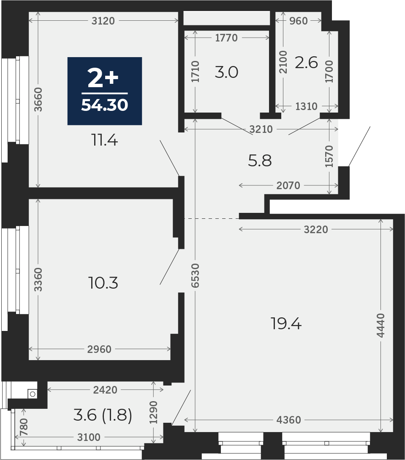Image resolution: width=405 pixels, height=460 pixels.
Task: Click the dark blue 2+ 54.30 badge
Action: click(105, 91)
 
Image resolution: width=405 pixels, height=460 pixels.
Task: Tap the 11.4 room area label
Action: click(105, 140)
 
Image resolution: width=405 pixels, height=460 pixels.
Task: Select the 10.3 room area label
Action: click(103, 283)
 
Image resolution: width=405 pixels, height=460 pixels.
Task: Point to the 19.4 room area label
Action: click(286, 324)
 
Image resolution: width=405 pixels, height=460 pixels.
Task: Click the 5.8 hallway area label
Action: click(260, 161)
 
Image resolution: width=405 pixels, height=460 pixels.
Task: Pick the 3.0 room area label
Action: click(226, 72)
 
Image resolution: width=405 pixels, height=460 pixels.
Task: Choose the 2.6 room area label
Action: click(306, 63)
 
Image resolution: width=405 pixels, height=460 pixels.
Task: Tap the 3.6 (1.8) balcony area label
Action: click(103, 415)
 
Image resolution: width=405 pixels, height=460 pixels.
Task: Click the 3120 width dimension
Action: click(103, 21)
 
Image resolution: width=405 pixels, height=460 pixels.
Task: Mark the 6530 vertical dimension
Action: click(195, 275)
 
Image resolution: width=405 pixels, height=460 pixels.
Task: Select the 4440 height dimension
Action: click(381, 325)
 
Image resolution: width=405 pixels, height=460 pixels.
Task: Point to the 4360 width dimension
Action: click(289, 420)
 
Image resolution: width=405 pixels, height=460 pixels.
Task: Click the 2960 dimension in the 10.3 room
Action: click(99, 350)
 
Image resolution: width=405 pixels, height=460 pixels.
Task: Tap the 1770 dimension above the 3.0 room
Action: click(226, 38)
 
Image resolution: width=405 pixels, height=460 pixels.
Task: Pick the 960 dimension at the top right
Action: click(299, 21)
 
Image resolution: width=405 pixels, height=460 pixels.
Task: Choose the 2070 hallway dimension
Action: click(288, 185)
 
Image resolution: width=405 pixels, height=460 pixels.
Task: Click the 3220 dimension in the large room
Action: click(316, 229)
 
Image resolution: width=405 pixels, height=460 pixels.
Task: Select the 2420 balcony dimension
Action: click(105, 390)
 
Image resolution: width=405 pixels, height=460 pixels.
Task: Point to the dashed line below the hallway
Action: click(212, 218)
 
